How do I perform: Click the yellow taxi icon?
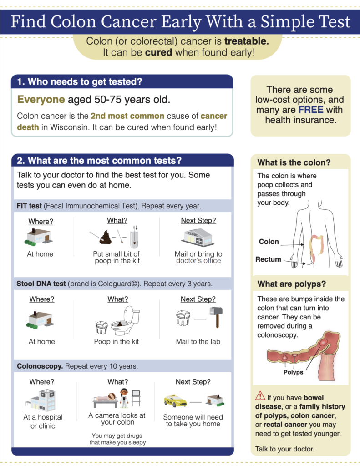coord(175,401)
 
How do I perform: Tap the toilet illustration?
coord(125,320)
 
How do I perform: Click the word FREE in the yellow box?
coord(311,110)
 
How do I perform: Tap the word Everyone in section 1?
coord(41,99)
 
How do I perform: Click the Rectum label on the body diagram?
coord(268,259)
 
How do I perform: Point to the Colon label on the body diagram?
coord(269,242)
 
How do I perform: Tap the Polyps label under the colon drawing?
coord(293,372)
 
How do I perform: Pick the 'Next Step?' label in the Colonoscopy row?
coord(193,382)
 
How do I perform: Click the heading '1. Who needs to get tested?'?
coord(80,82)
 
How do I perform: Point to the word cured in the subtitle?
coord(158,52)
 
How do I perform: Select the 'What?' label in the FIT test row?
coord(117,221)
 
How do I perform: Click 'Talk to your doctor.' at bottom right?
coord(284,449)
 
